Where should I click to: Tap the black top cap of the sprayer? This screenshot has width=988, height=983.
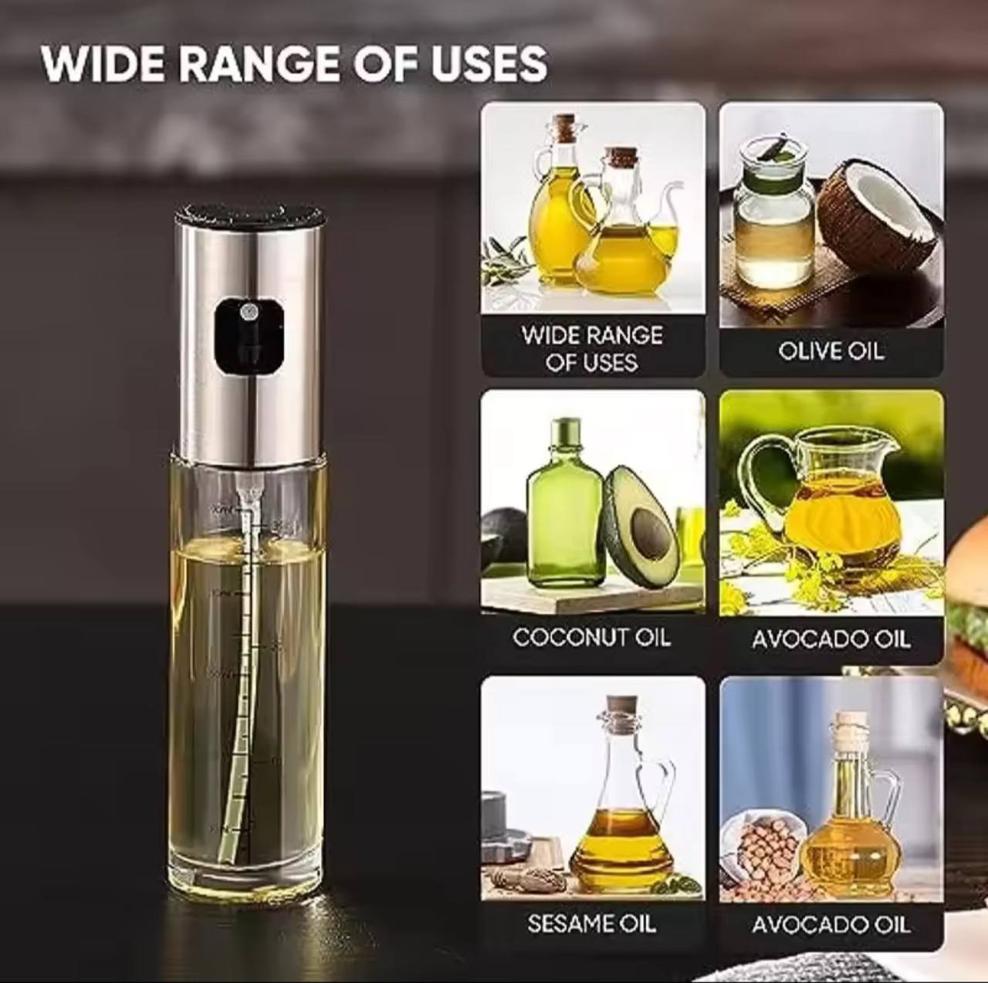pyautogui.click(x=248, y=213)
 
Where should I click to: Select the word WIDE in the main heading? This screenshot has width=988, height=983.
pyautogui.click(x=107, y=63)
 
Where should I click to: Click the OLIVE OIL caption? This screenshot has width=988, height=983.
pyautogui.click(x=831, y=351)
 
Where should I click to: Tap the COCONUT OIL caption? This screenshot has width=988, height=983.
pyautogui.click(x=592, y=637)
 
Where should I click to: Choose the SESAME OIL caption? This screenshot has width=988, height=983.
pyautogui.click(x=592, y=924)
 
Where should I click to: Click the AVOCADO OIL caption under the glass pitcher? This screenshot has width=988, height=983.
pyautogui.click(x=831, y=639)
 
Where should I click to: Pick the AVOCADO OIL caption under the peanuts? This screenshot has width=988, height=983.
pyautogui.click(x=831, y=924)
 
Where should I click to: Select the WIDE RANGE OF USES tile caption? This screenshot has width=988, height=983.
pyautogui.click(x=592, y=348)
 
